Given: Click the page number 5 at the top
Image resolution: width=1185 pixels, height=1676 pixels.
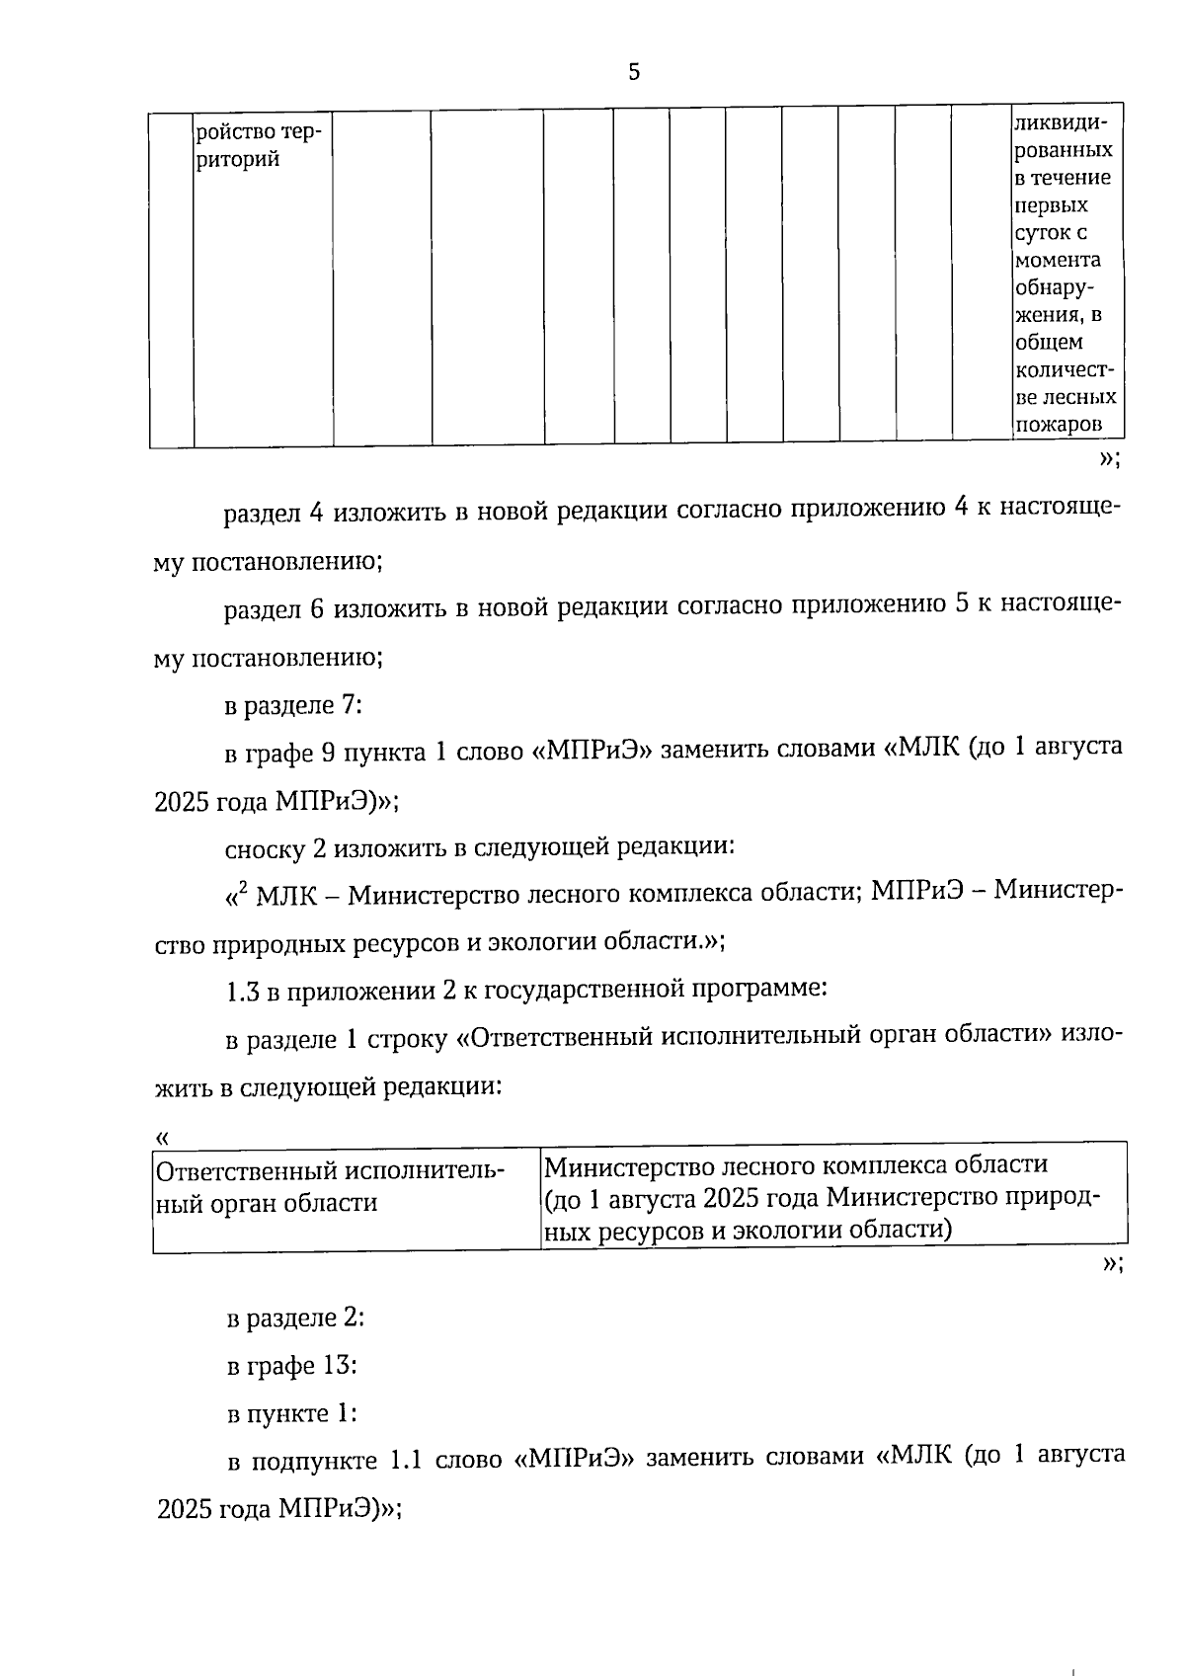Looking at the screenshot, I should click(634, 71).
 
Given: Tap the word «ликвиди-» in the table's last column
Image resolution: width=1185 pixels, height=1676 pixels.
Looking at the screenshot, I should click(1061, 123).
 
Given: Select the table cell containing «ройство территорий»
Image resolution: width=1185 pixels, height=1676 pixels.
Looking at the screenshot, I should click(262, 144).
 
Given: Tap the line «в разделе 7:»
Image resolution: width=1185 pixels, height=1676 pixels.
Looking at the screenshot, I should click(293, 705).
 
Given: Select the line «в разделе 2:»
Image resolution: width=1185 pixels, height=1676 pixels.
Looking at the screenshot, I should click(295, 1318).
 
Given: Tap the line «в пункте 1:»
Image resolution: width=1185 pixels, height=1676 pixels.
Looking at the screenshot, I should click(291, 1413).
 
